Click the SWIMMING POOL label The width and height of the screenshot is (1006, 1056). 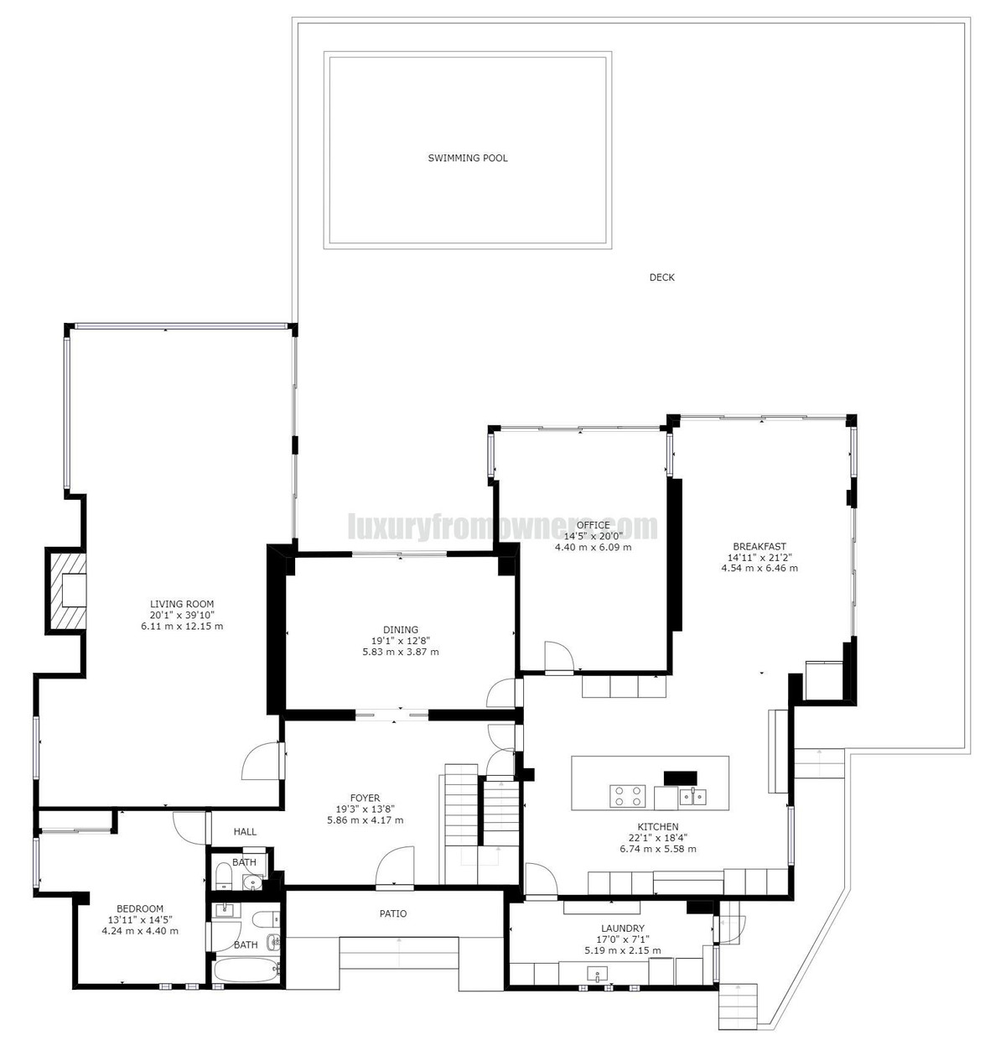click(x=468, y=158)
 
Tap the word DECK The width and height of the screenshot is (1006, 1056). click(x=661, y=278)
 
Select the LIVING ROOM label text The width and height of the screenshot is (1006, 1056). click(x=181, y=604)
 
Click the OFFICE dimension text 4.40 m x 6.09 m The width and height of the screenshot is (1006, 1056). click(x=593, y=547)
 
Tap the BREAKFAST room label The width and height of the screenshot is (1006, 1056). click(x=759, y=546)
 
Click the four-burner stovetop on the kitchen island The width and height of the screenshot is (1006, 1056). click(x=627, y=794)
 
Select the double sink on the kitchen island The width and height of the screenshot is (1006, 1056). click(x=692, y=796)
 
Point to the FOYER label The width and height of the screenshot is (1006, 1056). click(x=365, y=798)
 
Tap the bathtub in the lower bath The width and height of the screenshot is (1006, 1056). click(x=246, y=971)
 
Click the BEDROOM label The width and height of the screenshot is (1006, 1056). click(x=140, y=908)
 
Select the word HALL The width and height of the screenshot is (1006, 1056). click(x=245, y=831)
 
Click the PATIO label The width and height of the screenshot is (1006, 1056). click(x=392, y=913)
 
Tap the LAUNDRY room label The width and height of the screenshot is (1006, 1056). click(x=622, y=929)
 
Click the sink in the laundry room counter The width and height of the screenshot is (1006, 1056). click(x=598, y=975)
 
